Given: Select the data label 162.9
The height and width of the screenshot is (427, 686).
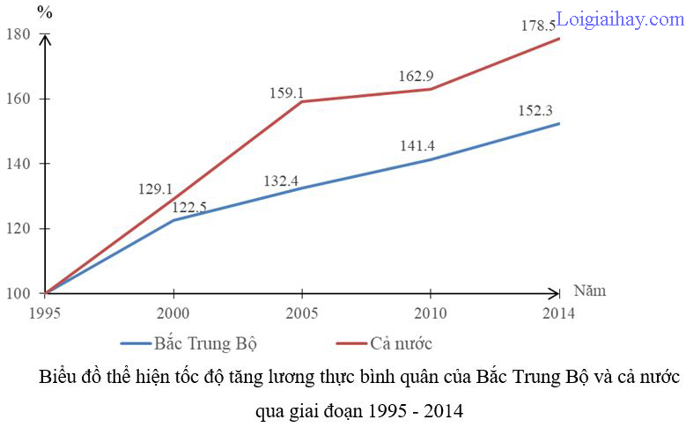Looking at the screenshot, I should coord(416,76).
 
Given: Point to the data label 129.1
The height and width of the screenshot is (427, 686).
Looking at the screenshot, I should coord(157,188).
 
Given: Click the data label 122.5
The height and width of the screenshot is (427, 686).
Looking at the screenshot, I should coord(194,207).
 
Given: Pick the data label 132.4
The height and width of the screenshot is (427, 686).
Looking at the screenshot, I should coord(282,181).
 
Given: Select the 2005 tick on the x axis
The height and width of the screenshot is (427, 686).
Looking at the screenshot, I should coord(302,313).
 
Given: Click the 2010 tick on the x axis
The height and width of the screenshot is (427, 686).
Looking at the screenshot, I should coord(431,313).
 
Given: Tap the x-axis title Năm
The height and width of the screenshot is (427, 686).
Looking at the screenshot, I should coord(589,291).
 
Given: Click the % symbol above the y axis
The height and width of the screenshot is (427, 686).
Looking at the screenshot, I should coord(45,13).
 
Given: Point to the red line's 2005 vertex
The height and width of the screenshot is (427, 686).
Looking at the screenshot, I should coord(302,102).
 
